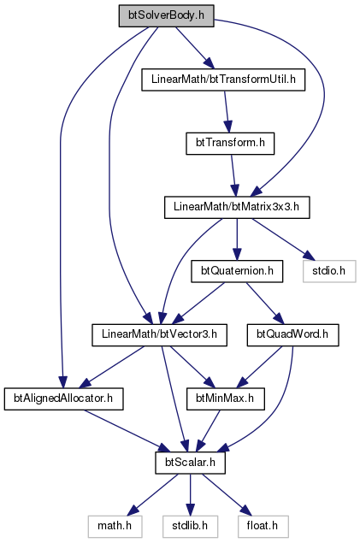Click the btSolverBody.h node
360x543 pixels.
coord(166,16)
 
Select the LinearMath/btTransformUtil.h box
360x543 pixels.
coord(223,80)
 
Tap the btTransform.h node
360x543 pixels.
coord(230,144)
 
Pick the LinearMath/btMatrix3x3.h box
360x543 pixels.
coord(237,207)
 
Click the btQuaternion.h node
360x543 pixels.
coord(237,271)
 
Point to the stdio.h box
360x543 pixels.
coord(329,271)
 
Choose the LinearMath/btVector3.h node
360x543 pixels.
coord(159,334)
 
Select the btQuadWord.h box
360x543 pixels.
coord(292,334)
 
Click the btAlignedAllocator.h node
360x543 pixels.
coord(63,398)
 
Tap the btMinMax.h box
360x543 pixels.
coord(226,398)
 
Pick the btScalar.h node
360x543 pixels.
coord(190,463)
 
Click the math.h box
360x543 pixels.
coord(115,526)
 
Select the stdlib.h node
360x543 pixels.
coord(190,526)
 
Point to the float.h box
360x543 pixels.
coord(263,526)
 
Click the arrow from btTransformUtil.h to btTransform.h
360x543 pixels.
coord(227,111)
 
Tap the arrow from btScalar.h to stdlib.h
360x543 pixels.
coord(190,494)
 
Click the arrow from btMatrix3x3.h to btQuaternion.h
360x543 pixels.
coord(237,239)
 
